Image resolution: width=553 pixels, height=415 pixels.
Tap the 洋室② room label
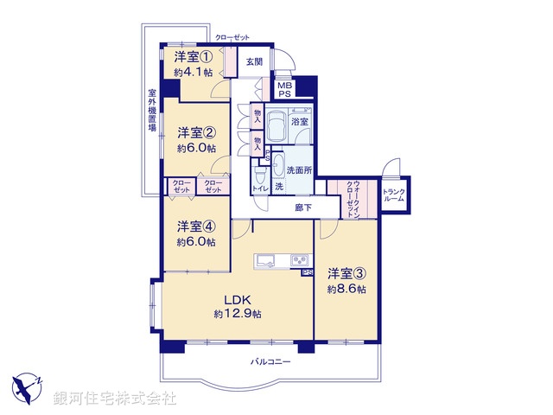[x=196, y=132]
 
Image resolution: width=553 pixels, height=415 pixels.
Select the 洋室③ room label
[x=345, y=273]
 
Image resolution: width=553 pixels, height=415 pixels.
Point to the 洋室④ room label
[x=196, y=227]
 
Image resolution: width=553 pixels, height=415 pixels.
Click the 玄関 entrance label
[x=253, y=62]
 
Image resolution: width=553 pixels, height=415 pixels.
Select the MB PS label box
[x=284, y=88]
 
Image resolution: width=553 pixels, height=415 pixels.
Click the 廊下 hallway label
[x=302, y=207]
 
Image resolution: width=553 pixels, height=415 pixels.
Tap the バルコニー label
[x=270, y=361]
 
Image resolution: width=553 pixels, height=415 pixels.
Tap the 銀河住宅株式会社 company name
[x=114, y=399]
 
